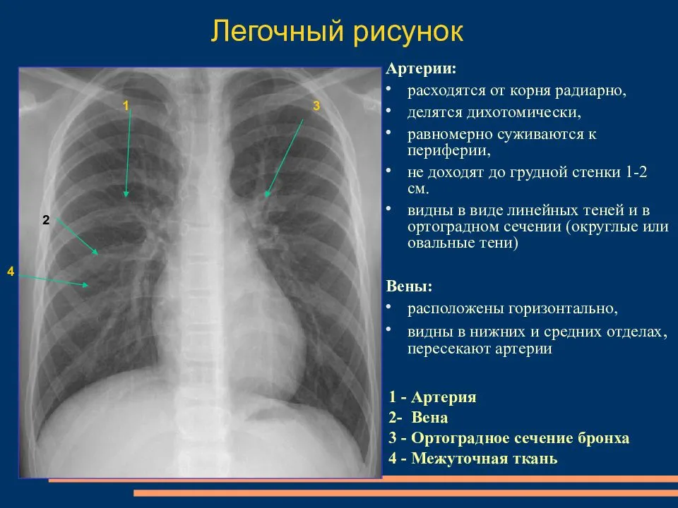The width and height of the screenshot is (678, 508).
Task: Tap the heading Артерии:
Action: tap(421, 68)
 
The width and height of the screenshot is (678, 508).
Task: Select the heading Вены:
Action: tap(409, 286)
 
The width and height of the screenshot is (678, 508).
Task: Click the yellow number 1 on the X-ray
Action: tap(126, 105)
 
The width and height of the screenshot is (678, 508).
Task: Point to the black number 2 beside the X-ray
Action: tap(46, 220)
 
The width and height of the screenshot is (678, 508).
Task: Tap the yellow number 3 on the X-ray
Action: tap(316, 105)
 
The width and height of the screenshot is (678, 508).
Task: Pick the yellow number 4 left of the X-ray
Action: tap(11, 271)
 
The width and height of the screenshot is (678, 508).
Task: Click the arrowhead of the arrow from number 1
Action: tap(126, 195)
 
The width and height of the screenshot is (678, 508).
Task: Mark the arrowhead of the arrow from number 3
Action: tap(266, 195)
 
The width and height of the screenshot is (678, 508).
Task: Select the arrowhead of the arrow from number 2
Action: tap(97, 253)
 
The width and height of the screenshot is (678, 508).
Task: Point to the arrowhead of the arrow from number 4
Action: tap(86, 285)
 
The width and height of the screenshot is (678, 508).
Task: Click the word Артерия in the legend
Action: tap(444, 397)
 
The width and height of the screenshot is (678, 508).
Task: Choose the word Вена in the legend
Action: tap(429, 417)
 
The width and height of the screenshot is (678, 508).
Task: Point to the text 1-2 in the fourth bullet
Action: tap(636, 172)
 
